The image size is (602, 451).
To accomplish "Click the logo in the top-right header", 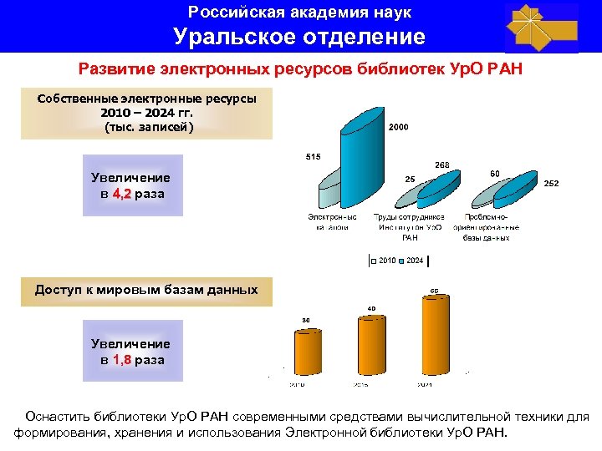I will pos(541,28).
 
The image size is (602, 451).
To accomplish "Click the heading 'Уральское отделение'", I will pos(299,37).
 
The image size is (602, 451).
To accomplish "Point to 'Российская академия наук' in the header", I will pos(299,13).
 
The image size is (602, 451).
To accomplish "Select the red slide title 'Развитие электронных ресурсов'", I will pos(299,68).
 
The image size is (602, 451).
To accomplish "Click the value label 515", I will pos(313,156).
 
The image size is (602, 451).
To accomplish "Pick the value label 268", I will pos(442,165).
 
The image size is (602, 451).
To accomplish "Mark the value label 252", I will pos(552,182).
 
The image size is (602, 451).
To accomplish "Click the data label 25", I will pos(410,179).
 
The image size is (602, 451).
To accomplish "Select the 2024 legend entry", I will pos(413,261).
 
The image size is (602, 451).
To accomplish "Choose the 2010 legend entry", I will pos(385,261).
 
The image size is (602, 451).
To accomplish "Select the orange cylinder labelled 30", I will pos(306,355).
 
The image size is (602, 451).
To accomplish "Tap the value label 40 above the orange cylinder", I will pos(371,309).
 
